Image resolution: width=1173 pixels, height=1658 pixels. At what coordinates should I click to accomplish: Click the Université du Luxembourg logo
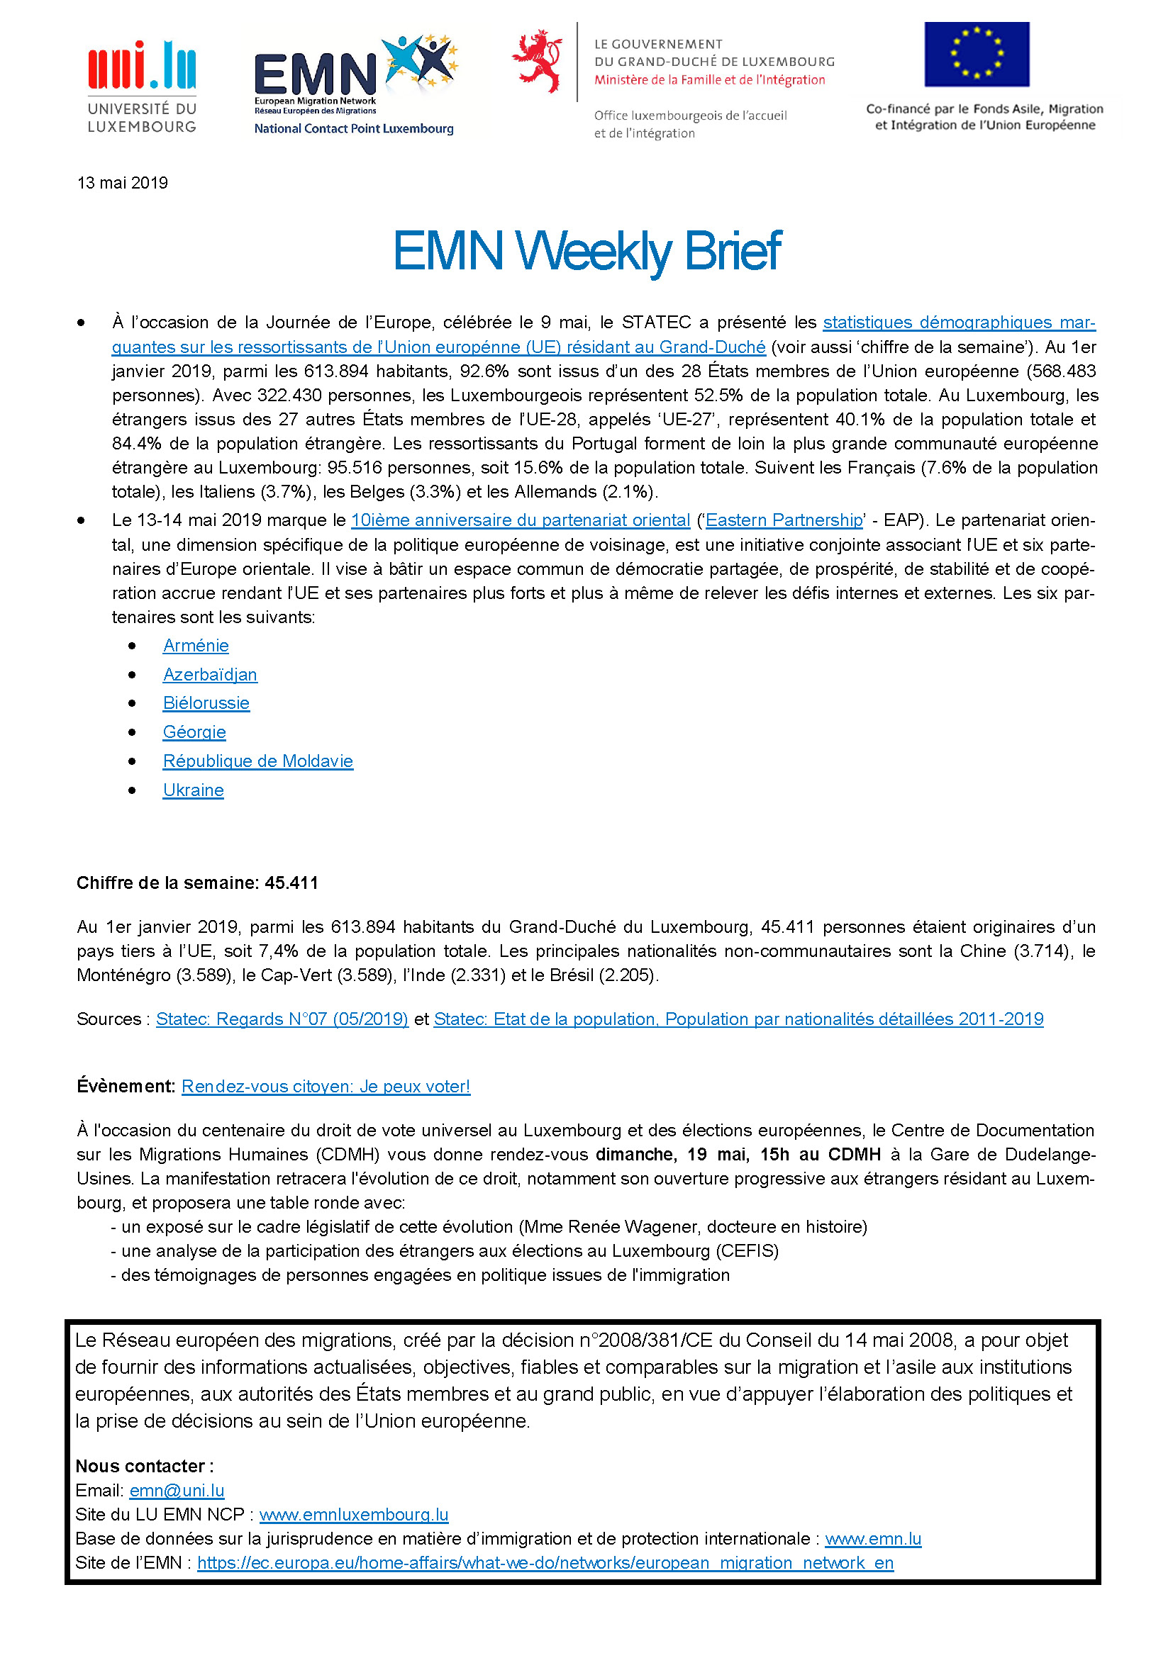point(142,86)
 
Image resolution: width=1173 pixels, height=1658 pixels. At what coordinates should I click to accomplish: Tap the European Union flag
point(977,54)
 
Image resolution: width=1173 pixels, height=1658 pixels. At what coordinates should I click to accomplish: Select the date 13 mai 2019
point(122,183)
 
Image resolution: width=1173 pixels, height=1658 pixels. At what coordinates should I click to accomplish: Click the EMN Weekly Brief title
point(586,252)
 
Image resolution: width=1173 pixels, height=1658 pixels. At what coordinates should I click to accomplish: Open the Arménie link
point(196,646)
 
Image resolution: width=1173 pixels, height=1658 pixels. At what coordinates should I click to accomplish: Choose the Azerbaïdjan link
point(209,674)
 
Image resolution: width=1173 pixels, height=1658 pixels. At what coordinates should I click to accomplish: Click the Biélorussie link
point(206,703)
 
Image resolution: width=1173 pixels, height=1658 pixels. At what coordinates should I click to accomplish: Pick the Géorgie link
point(194,732)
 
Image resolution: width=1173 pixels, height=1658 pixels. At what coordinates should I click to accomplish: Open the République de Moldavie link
point(258,761)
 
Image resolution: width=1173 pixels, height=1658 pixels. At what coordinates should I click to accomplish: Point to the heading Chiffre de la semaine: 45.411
point(197,883)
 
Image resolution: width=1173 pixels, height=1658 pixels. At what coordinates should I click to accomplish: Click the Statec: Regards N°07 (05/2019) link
point(282,1019)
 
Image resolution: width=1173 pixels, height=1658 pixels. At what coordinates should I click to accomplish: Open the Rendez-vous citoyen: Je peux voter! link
point(326,1086)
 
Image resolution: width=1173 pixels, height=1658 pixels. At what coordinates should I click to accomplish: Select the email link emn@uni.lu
point(177,1491)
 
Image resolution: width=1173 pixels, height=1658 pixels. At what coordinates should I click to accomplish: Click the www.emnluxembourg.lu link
point(354,1514)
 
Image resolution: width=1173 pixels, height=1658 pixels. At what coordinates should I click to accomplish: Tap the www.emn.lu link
point(872,1539)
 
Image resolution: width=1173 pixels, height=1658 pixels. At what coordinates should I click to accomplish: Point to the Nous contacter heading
point(144,1466)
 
